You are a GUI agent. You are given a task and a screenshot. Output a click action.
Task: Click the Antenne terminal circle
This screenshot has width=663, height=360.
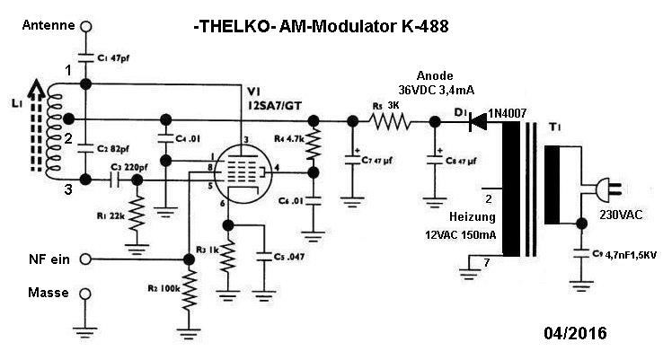[86, 28]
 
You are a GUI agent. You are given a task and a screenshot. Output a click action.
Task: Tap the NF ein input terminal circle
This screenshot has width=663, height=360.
[86, 259]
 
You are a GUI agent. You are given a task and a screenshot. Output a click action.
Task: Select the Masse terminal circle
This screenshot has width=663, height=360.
[86, 294]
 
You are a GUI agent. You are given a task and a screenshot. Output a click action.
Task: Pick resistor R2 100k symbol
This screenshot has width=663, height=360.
[190, 291]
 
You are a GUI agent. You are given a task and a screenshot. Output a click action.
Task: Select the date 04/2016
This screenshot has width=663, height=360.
[575, 334]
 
